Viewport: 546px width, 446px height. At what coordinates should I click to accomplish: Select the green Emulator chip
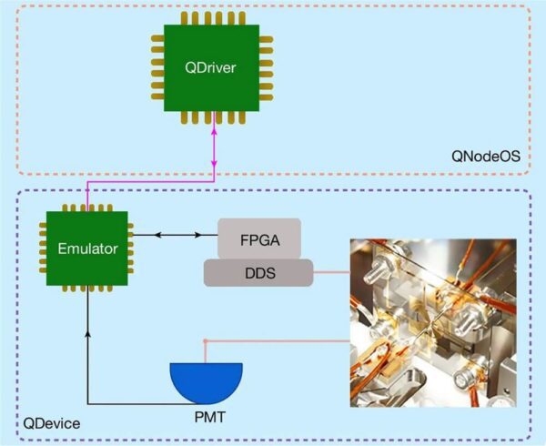coord(86,248)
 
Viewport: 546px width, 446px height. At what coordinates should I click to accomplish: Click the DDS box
coord(258,271)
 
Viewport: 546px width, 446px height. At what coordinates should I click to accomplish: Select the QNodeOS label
coord(487,157)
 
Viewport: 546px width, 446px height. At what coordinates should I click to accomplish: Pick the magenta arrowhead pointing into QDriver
coord(214,132)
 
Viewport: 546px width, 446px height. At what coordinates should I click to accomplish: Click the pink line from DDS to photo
coord(331,271)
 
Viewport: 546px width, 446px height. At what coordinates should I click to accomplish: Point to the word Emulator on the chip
coord(86,248)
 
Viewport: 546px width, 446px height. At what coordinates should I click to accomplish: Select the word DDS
coord(258,271)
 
